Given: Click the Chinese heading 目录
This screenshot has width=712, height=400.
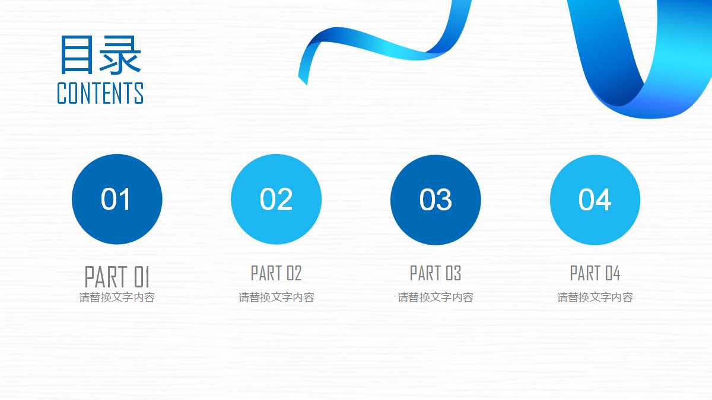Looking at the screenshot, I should [x=100, y=55].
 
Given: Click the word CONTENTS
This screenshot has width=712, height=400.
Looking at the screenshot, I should [x=100, y=94].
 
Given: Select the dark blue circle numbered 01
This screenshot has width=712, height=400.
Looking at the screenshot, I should [x=117, y=199].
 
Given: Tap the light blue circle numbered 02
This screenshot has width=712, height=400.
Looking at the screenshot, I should [x=276, y=199].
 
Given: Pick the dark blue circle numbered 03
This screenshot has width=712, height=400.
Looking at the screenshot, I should [x=436, y=199].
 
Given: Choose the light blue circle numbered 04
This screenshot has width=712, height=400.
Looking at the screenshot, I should [x=595, y=199].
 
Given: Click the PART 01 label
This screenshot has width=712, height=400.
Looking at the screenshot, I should [x=117, y=276].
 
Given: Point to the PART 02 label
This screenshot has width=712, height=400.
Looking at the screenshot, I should [x=276, y=273].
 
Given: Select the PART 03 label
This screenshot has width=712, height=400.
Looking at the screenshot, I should [x=436, y=273].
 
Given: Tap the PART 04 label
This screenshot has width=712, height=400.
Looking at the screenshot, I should [x=595, y=273].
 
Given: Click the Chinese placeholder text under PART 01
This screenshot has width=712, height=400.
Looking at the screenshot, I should [x=117, y=297].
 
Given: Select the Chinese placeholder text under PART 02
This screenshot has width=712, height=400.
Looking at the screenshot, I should [x=276, y=297].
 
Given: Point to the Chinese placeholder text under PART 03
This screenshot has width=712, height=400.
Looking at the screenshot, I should [x=436, y=297].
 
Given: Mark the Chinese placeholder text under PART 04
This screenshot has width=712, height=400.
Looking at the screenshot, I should [x=595, y=297].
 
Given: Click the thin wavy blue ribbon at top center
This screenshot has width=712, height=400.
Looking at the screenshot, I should [x=380, y=47].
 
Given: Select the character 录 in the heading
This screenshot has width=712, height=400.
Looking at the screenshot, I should [x=121, y=55].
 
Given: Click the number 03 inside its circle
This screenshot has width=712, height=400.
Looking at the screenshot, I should [x=436, y=200].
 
